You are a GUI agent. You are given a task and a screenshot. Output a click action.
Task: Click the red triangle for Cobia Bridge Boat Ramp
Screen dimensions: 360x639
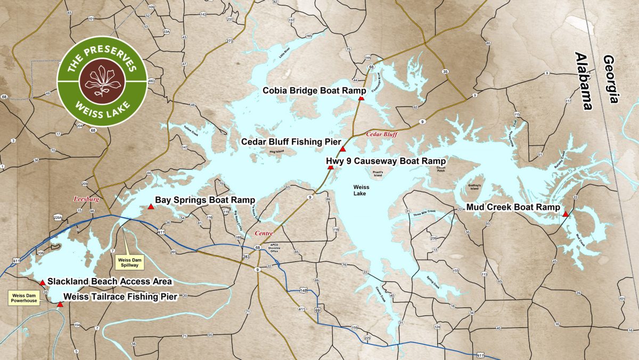tap(361, 99)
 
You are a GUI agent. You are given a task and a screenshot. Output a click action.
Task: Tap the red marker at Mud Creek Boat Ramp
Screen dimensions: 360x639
tap(564, 214)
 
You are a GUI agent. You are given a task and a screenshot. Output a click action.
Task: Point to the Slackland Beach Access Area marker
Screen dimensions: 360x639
tap(43, 282)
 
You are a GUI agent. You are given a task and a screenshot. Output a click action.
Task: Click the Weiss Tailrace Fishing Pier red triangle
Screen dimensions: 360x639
tap(60, 305)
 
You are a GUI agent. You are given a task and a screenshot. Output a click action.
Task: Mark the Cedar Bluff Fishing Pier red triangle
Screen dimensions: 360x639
tap(343, 150)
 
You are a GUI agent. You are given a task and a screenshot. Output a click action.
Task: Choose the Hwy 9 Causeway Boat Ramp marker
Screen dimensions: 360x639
tap(330, 167)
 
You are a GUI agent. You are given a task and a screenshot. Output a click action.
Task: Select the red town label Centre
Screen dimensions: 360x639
tap(264, 233)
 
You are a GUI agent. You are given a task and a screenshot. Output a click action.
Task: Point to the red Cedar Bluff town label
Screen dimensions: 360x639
tap(382, 135)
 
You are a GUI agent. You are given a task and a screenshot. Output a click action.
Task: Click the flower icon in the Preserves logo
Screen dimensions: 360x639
tap(102, 81)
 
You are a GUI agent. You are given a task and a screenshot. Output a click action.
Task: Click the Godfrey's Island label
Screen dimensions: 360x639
tap(475, 186)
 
